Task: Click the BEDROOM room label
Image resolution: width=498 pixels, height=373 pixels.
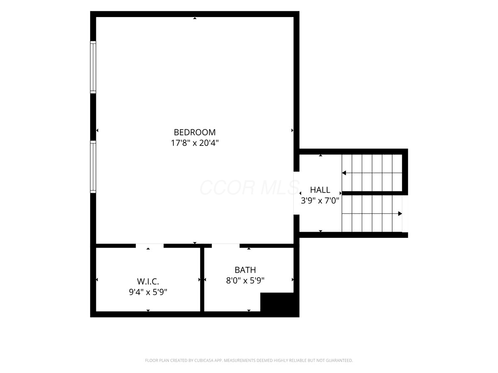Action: [x=195, y=132]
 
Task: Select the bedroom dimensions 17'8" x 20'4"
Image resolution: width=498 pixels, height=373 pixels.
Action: [x=195, y=143]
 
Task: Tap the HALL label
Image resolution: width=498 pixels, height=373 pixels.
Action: [x=320, y=190]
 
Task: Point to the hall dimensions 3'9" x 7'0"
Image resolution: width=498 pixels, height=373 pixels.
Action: [x=320, y=201]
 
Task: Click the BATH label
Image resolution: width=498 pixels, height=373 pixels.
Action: [x=245, y=270]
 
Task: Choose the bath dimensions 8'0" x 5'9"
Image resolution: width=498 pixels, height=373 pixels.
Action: [x=245, y=281]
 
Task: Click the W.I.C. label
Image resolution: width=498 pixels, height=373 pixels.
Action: [x=148, y=281]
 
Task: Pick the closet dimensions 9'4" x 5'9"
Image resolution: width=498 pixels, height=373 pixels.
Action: [x=148, y=292]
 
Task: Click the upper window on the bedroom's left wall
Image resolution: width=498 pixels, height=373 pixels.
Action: [x=93, y=67]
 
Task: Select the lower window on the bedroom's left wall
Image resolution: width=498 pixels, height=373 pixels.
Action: [x=93, y=167]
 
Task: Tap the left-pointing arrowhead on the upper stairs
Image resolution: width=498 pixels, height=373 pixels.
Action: [x=344, y=173]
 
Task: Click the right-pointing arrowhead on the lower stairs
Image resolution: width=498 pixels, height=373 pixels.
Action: [x=400, y=213]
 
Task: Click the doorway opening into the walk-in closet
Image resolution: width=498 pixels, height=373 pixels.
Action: [x=149, y=246]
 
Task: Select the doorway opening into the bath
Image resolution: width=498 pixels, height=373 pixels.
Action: [x=225, y=246]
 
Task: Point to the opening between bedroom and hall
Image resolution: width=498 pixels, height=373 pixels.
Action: [x=297, y=193]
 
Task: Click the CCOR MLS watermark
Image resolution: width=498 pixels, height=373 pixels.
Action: [x=249, y=187]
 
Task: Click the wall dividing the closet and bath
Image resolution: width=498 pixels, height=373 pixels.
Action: [x=202, y=279]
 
